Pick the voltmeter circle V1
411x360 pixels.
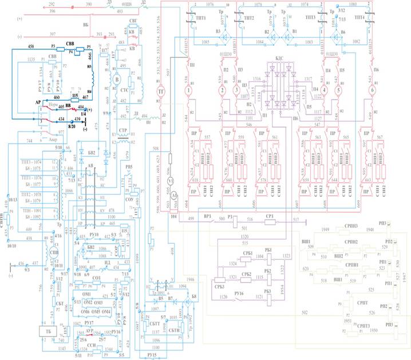169,181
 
